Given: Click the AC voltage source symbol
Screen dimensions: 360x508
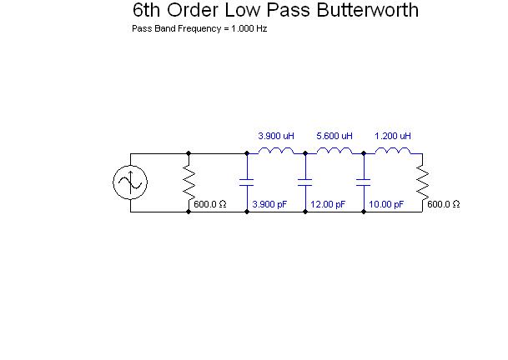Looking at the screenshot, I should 130,182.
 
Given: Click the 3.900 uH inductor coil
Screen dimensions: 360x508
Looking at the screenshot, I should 275,151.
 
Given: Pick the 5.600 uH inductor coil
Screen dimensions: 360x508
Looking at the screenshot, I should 334,151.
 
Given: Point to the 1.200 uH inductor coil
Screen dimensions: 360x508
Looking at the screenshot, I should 392,151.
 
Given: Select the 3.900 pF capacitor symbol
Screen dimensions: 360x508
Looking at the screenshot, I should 247,182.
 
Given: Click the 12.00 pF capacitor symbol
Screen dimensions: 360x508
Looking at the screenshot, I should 305,182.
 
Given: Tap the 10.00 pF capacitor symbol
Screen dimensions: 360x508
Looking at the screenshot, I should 364,182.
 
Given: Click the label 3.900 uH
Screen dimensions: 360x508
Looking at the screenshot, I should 275,136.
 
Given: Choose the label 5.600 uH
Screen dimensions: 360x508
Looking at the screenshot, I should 334,136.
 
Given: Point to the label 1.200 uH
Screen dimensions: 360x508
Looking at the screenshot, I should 392,136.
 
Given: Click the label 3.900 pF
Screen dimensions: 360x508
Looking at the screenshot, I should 269,204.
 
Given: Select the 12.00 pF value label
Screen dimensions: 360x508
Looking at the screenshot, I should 328,204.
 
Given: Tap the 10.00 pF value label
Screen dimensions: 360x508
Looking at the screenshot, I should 386,204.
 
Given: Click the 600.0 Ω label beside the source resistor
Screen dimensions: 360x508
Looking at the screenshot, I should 210,204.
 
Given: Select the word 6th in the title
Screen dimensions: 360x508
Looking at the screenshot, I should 148,11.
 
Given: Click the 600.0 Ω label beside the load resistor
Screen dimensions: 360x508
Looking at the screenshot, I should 444,204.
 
